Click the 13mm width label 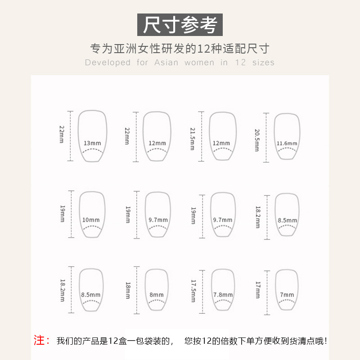[x=92, y=143]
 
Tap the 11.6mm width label [x=287, y=144]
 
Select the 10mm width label [x=91, y=220]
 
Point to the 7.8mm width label [x=223, y=295]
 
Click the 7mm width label [x=287, y=295]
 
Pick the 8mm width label [x=157, y=295]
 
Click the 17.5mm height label [x=193, y=291]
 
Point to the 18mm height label [x=127, y=291]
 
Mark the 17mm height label [x=257, y=290]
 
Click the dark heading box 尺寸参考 [x=180, y=24]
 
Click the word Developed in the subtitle [x=108, y=63]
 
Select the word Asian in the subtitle [x=166, y=63]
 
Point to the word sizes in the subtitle [x=263, y=63]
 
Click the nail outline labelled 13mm [x=93, y=135]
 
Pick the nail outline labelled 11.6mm [x=287, y=135]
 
